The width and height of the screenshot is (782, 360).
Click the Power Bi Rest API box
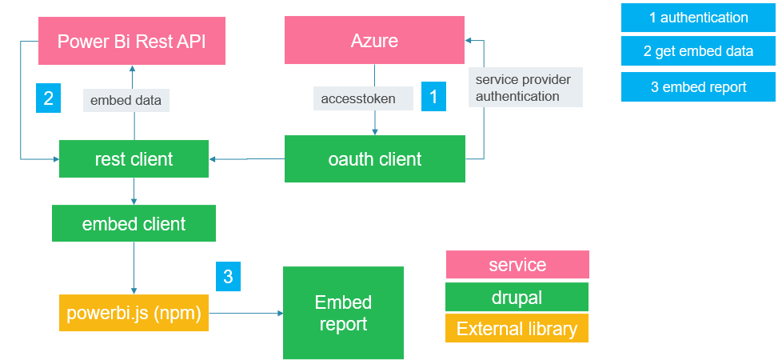[x=132, y=41]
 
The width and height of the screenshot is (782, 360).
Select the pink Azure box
[x=374, y=40]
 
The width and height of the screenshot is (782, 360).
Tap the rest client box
[x=134, y=158]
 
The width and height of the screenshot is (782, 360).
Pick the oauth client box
[x=374, y=158]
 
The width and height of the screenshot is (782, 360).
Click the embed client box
[x=134, y=223]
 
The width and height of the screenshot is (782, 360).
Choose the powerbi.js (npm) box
[x=134, y=313]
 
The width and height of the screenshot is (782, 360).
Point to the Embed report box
[x=343, y=313]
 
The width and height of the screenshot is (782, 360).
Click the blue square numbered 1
[x=433, y=96]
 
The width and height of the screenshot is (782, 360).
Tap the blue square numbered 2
[x=49, y=98]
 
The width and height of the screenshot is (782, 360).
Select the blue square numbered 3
[x=228, y=276]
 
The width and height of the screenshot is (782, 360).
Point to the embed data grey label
[x=126, y=100]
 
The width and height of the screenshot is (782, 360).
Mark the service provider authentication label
[x=525, y=87]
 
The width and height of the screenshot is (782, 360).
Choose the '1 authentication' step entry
[x=698, y=18]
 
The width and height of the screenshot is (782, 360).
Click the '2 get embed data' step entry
[x=698, y=51]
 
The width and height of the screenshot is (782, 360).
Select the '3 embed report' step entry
[x=698, y=87]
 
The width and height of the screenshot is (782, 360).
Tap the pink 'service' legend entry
[x=517, y=264]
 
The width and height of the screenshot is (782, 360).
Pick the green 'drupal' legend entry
[x=517, y=297]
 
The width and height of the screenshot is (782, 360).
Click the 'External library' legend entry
[x=517, y=329]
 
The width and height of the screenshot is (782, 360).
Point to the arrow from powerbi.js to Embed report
[x=245, y=313]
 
